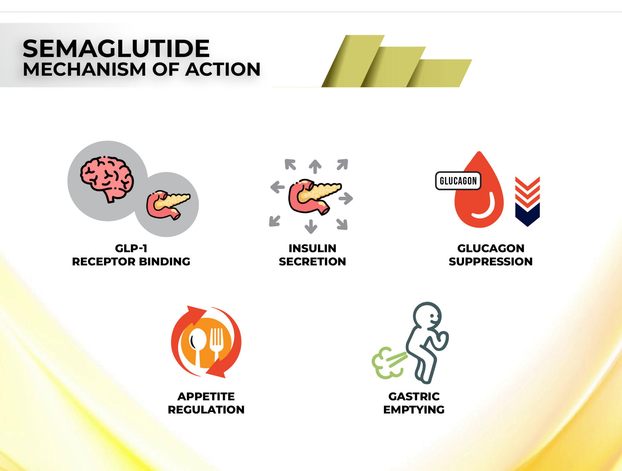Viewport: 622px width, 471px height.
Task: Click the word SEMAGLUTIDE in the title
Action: (116, 49)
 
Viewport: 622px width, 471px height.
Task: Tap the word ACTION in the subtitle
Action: (223, 69)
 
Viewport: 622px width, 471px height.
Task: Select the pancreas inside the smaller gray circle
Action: (168, 204)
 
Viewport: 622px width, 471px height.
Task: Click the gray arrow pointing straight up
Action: (315, 167)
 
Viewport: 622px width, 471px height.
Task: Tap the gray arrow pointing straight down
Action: (311, 226)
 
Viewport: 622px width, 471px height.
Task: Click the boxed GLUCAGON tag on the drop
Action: (458, 181)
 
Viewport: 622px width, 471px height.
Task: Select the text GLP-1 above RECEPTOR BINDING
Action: (131, 248)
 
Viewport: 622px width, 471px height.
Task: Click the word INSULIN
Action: (312, 248)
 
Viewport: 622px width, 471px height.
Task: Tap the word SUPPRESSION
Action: (490, 261)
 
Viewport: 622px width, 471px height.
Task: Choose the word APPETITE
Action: (206, 396)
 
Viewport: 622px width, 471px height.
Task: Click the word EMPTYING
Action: (414, 410)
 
